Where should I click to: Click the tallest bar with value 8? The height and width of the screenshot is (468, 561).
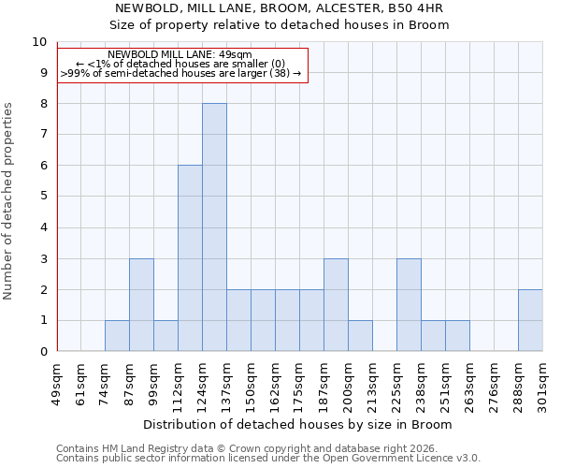coord(214,227)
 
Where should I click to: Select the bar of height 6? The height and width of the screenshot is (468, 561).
coord(190,258)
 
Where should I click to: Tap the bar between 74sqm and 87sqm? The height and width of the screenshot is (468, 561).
coord(117,336)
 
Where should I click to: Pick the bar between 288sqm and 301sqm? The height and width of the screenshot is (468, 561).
coord(530,320)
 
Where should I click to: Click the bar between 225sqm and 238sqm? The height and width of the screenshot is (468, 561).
coord(409,305)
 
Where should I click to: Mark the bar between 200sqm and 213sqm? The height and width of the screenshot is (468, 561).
coord(360,336)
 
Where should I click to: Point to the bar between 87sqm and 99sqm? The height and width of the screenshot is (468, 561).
coord(141,305)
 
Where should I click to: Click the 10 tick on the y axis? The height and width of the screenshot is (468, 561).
coord(38,42)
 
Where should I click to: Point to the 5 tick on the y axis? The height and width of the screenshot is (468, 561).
coord(42,197)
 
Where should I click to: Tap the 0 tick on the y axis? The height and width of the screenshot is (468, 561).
coord(42,352)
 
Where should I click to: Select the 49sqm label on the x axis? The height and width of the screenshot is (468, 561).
coord(56,382)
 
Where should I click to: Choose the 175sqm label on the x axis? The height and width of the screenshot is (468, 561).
coord(299,382)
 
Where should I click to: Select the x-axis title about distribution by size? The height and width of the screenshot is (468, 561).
coord(299,424)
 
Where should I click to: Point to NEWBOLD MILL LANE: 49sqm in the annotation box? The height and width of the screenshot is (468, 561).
coord(180,55)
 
